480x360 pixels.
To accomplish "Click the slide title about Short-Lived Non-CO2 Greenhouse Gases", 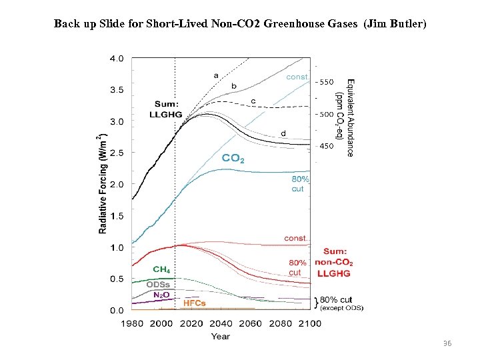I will [240, 24].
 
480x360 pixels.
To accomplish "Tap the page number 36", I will [447, 343].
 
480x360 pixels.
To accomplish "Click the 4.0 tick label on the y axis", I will [116, 58].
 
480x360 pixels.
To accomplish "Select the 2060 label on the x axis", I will [251, 323].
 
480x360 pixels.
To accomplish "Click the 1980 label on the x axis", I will [133, 323].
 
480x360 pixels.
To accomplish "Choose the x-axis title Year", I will [221, 336].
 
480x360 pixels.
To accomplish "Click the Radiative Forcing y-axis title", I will [103, 184].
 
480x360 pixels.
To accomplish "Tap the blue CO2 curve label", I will [233, 159].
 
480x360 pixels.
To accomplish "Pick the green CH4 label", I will [161, 269].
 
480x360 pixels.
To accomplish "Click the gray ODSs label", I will [158, 285].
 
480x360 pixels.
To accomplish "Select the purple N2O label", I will [161, 294].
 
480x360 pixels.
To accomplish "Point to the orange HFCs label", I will [195, 303].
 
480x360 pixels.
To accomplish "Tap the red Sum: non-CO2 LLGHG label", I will [333, 263].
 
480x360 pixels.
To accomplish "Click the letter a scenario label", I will [215, 75].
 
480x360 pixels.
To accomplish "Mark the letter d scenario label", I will [283, 133].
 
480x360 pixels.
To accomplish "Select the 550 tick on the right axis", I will [325, 83].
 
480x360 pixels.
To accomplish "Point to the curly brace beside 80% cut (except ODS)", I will [316, 303].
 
